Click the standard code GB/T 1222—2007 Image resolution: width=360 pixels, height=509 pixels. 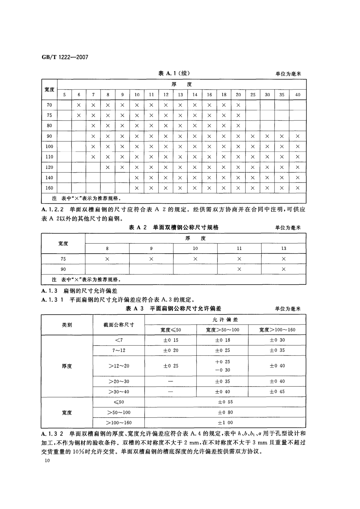pyautogui.click(x=65, y=57)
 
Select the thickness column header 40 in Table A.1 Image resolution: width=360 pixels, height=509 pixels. pyautogui.click(x=298, y=95)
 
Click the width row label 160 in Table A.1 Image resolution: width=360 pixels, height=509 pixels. pyautogui.click(x=49, y=188)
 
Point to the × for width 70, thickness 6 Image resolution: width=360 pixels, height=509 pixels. pyautogui.click(x=79, y=105)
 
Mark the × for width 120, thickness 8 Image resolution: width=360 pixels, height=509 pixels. pyautogui.click(x=108, y=167)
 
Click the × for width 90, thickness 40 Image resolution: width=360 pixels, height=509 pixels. pyautogui.click(x=298, y=136)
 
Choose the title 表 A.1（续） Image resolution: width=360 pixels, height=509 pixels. pyautogui.click(x=174, y=73)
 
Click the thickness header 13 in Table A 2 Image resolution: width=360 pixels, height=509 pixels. pyautogui.click(x=283, y=248)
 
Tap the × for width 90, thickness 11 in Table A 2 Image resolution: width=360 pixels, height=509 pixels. pyautogui.click(x=239, y=269)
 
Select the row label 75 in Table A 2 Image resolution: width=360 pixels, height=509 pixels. pyautogui.click(x=63, y=259)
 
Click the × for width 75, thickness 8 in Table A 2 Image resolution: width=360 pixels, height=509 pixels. pyautogui.click(x=107, y=259)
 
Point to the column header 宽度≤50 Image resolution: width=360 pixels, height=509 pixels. pyautogui.click(x=170, y=330)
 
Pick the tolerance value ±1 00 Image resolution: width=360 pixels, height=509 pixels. pyautogui.click(x=225, y=423)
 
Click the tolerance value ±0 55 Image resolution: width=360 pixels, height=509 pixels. pyautogui.click(x=225, y=402)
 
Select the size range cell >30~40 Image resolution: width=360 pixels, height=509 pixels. pyautogui.click(x=119, y=392)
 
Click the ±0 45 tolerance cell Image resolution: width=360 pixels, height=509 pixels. pyautogui.click(x=277, y=392)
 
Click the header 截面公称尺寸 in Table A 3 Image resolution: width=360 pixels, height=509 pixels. pyautogui.click(x=119, y=325)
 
